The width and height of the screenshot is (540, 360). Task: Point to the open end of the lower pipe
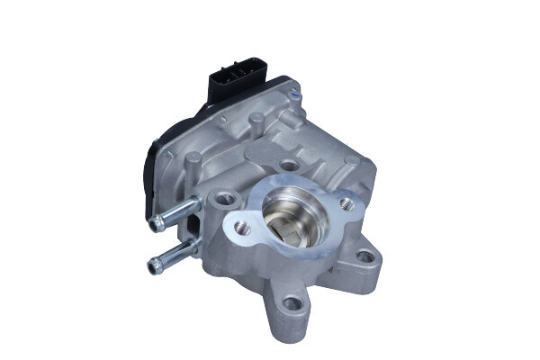[149, 264]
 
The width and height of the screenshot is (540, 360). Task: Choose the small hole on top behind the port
[288, 166]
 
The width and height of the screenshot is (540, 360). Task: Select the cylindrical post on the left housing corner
[191, 160]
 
